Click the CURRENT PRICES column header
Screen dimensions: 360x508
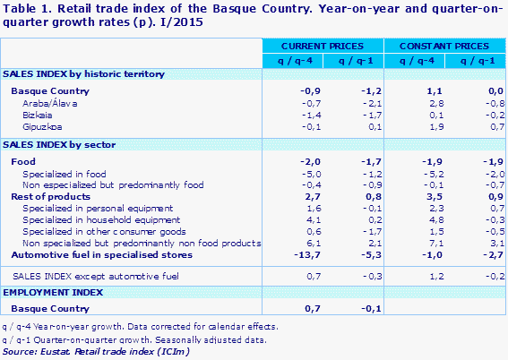tap(322, 45)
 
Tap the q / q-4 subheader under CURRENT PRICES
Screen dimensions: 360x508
tap(292, 59)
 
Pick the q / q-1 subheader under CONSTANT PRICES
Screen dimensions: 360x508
tap(474, 59)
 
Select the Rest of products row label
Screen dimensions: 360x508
tap(50, 196)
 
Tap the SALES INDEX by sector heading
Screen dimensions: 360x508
tap(58, 144)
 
